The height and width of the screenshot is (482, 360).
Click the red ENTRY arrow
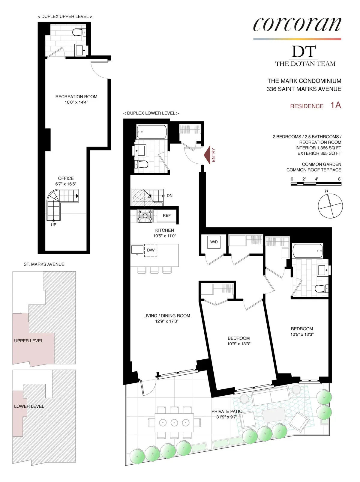(x=207, y=155)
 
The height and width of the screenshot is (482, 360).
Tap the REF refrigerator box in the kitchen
(x=167, y=216)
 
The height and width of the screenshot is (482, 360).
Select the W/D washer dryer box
(x=214, y=242)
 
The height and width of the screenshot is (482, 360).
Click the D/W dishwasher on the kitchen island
(x=151, y=250)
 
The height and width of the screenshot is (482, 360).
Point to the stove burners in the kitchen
(x=145, y=216)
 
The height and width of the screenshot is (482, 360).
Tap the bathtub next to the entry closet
(x=152, y=132)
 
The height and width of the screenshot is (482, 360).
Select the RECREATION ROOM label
(x=76, y=97)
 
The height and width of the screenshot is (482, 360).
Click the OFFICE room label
(x=66, y=178)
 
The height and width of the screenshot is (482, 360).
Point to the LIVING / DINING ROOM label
(x=166, y=316)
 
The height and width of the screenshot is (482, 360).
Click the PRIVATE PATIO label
(x=227, y=411)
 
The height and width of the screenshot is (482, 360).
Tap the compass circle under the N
(x=330, y=206)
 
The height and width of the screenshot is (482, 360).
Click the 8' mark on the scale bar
(x=340, y=179)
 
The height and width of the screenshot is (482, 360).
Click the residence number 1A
(x=336, y=105)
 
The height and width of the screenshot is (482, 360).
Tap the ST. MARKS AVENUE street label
(x=44, y=264)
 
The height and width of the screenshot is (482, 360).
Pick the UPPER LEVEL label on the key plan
(x=28, y=341)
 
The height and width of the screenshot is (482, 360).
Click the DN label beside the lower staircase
(x=169, y=196)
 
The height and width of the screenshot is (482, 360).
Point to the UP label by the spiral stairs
(x=53, y=225)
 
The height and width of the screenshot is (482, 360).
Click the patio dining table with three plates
(x=174, y=423)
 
